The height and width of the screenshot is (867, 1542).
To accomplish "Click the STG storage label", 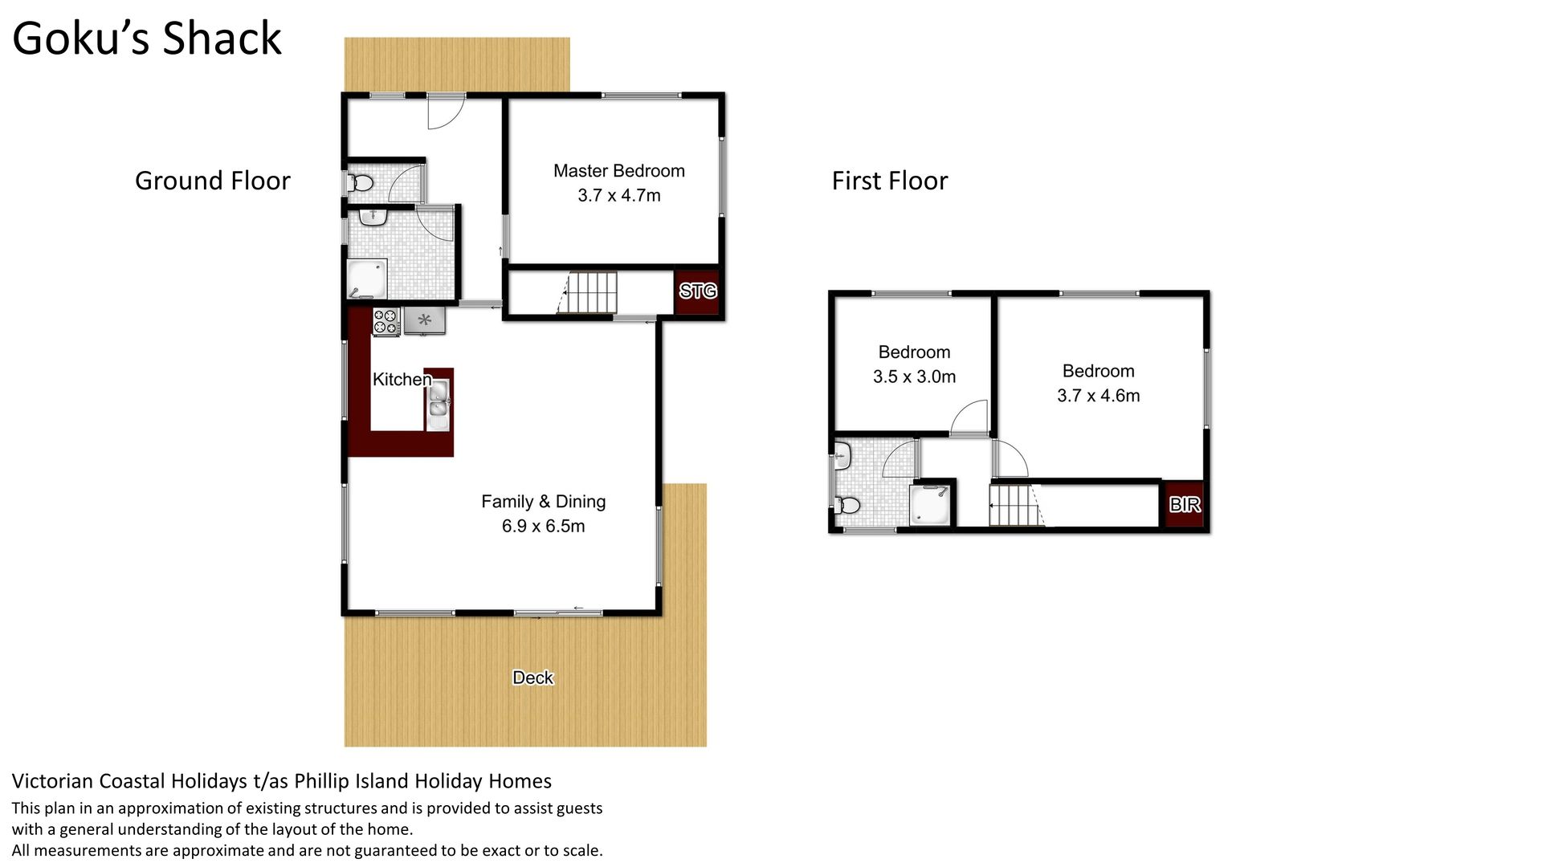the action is (698, 291).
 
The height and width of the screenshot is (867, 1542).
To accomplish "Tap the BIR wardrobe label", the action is (1185, 504).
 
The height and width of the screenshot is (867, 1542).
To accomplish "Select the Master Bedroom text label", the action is (619, 171).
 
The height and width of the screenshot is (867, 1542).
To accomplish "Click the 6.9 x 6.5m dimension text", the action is (544, 526).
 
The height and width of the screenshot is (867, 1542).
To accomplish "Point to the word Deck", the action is (533, 678).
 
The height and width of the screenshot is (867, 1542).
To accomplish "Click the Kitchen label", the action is (402, 379).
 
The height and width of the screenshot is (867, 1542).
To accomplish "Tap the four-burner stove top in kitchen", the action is (386, 322).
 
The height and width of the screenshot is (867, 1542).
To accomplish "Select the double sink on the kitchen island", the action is (438, 406).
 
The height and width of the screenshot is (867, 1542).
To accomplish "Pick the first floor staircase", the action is (1017, 506).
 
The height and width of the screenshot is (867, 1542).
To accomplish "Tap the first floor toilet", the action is (846, 505).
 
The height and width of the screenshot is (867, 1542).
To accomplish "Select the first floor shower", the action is (930, 505).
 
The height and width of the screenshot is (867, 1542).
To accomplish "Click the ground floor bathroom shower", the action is (367, 279).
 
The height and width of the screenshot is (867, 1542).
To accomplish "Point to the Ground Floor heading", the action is (213, 181).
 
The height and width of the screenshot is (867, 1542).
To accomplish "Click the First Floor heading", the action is (890, 181).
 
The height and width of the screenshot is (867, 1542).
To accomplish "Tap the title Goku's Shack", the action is (147, 38).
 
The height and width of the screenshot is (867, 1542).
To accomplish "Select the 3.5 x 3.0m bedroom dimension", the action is (915, 377).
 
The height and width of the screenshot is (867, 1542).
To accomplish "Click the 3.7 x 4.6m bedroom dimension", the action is (1099, 396).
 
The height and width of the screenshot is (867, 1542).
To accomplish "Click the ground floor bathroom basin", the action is (372, 217).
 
